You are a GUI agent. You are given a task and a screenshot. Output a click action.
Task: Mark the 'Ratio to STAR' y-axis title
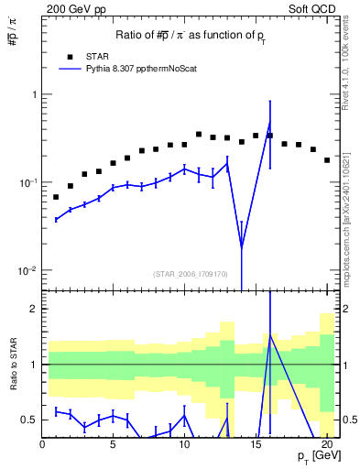[x=14, y=365]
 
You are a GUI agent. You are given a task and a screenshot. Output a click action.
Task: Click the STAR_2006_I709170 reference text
[x=191, y=274]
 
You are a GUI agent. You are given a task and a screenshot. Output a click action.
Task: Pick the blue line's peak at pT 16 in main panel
[x=269, y=125]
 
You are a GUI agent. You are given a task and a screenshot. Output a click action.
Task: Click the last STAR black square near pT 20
[x=327, y=160]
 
